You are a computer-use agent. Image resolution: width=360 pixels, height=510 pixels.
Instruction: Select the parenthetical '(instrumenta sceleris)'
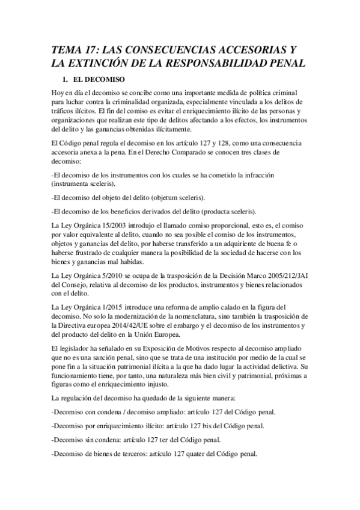(x=84, y=183)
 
